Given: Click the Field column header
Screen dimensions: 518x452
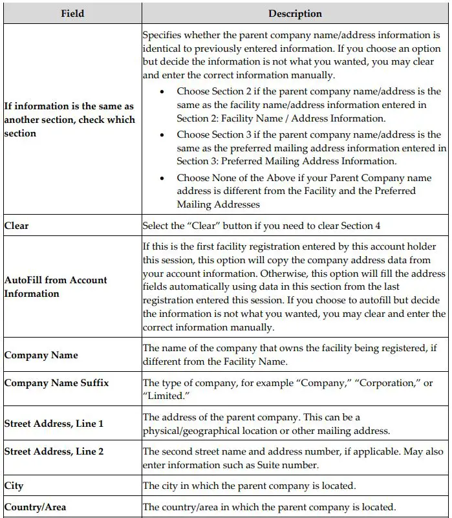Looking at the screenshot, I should click(72, 13).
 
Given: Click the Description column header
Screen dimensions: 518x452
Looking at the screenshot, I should click(295, 13).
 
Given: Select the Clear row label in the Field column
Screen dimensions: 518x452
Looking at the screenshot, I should click(16, 226).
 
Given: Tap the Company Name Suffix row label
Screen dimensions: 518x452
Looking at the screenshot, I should click(56, 383).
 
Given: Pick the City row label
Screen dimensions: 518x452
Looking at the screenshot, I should click(14, 485).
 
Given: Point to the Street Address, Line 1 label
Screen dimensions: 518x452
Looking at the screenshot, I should click(54, 424).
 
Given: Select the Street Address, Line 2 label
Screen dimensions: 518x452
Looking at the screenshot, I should click(54, 451).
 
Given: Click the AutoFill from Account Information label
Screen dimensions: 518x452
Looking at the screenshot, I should click(56, 286).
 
